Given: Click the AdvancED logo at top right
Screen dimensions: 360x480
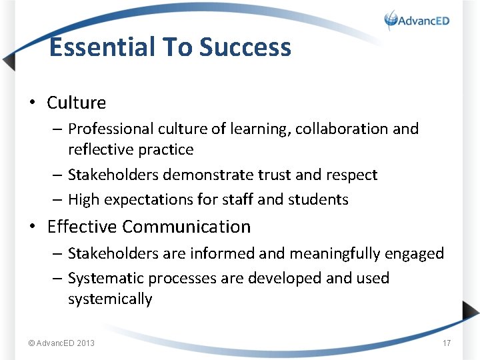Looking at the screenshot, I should coord(417,20).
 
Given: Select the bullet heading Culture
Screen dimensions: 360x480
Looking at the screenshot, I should coord(76,103).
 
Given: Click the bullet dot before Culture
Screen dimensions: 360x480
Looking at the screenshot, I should coord(31,103).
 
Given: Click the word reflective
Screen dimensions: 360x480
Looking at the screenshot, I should coord(99,149).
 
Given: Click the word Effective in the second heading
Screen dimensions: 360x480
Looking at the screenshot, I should coord(83,227).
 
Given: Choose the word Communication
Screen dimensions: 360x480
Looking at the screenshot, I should coord(187,227).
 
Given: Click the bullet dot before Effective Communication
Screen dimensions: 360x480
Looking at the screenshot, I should coord(31,227).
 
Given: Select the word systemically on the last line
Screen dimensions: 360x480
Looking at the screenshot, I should coord(110,299).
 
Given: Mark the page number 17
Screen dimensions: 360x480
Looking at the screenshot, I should coord(447,343).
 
